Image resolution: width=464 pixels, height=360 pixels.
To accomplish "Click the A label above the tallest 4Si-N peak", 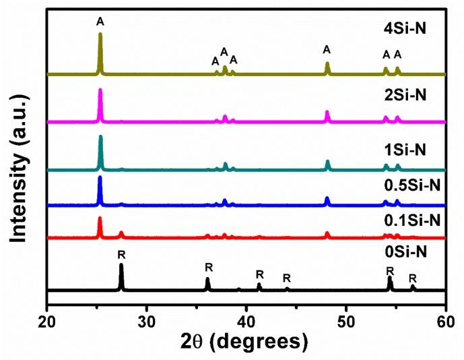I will point(100,22).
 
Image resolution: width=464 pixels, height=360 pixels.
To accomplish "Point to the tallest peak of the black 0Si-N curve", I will point(121,265).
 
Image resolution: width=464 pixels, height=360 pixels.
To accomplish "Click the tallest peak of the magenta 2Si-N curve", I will point(100,90).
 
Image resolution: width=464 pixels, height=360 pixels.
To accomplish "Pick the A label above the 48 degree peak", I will point(327,49).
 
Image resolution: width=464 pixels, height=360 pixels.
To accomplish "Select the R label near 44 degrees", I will point(286,278).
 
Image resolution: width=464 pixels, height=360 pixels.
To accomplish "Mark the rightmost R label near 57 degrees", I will point(413,278).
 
